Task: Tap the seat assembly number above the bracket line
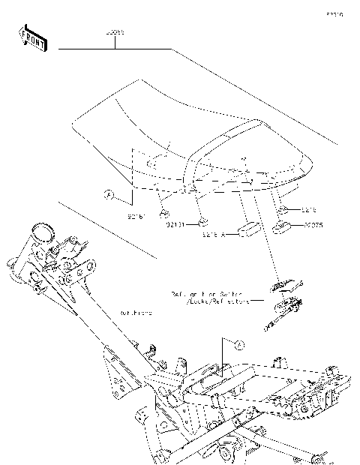point(115,34)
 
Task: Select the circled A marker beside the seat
point(108,194)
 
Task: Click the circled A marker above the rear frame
point(239,345)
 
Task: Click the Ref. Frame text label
point(136,313)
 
